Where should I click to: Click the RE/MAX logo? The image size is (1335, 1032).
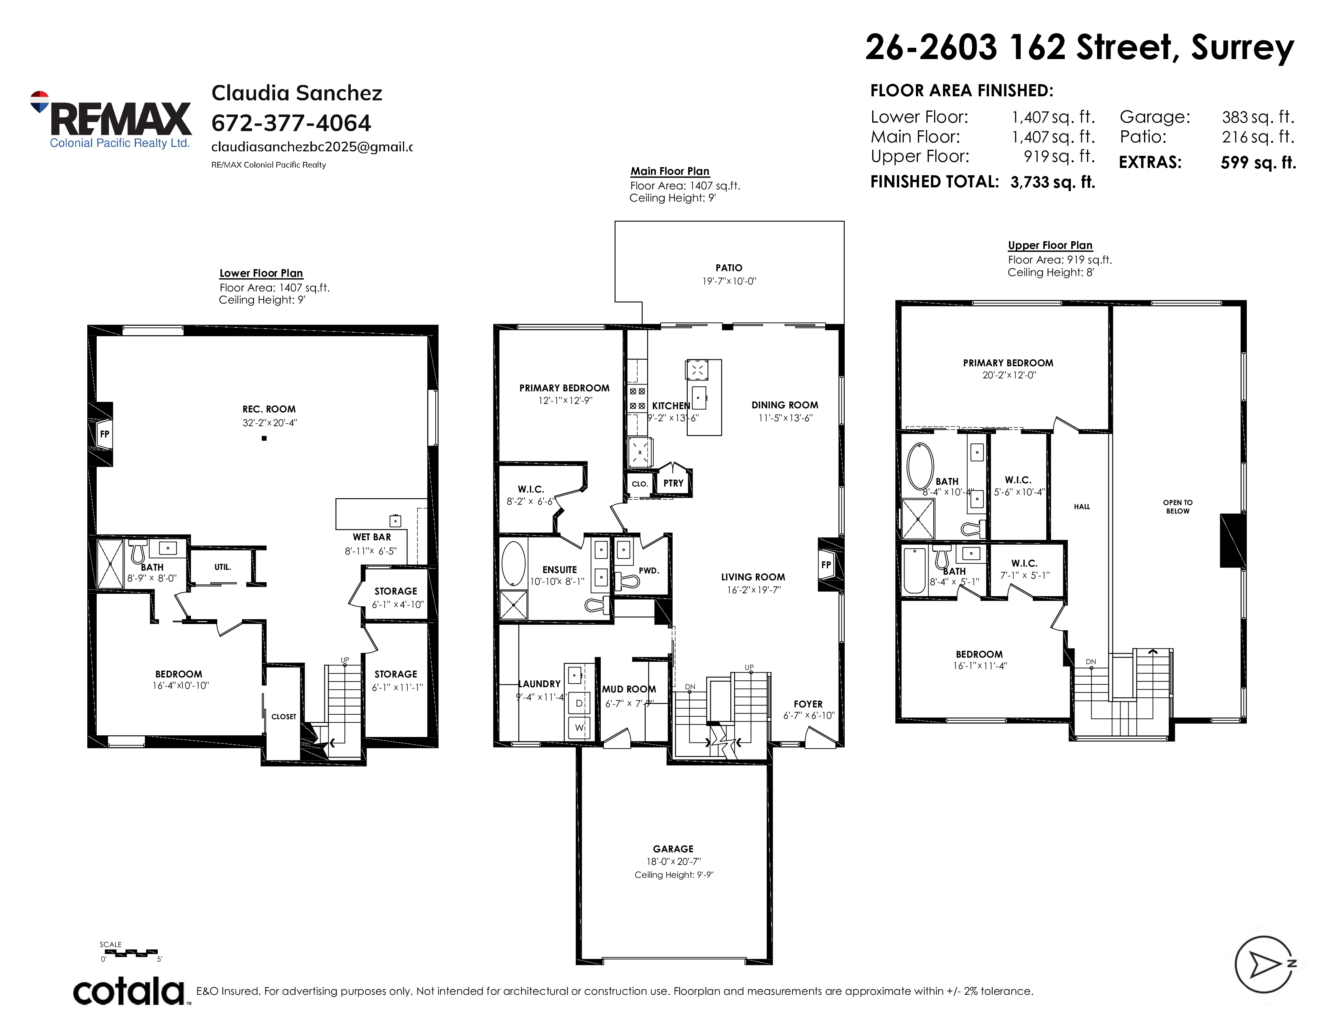coord(110,120)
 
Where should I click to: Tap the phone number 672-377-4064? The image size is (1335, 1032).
coord(291,123)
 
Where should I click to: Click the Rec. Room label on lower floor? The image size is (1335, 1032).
coord(269,410)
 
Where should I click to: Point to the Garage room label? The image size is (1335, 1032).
coord(673,849)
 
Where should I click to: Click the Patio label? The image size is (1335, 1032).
coord(729,268)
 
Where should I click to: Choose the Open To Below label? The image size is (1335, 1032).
coord(1177,507)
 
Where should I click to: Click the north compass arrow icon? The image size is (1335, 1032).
coord(1264,964)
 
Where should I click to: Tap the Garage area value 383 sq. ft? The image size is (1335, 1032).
coord(1258,117)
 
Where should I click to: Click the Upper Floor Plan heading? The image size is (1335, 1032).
coord(1049,245)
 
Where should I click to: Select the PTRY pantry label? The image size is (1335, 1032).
coord(673,483)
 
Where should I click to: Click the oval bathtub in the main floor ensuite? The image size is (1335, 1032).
coord(513,563)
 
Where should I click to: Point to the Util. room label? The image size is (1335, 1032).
coord(222,567)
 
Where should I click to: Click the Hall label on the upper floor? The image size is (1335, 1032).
coord(1081,507)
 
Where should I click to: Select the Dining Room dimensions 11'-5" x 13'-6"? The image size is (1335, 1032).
coord(785,418)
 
